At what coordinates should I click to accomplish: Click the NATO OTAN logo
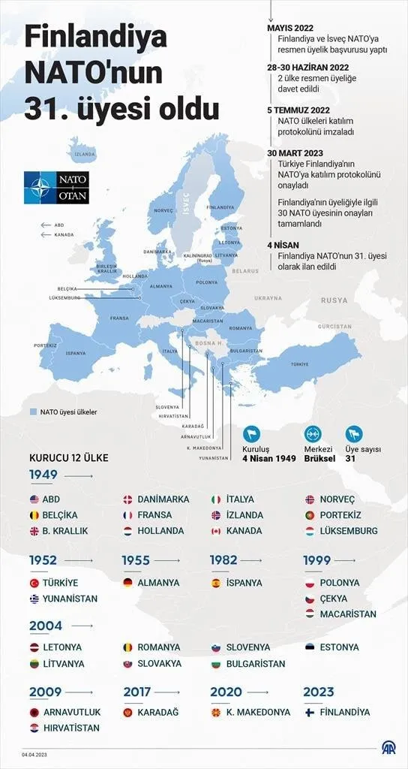tap(56, 188)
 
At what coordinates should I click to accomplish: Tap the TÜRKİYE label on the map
tap(299, 363)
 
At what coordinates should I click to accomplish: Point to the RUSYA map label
tap(334, 300)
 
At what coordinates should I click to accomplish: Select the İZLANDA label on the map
tap(85, 155)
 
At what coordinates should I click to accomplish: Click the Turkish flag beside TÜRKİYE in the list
tap(34, 583)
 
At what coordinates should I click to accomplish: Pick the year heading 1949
tap(43, 475)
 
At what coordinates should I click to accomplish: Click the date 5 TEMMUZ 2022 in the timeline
tap(298, 110)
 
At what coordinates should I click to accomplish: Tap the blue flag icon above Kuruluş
tap(251, 434)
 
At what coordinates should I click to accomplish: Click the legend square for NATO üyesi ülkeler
tap(33, 412)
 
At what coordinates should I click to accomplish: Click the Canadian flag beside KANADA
tap(216, 531)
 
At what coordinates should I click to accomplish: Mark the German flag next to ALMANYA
tap(127, 583)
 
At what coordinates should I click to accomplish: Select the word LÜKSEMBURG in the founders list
tap(348, 531)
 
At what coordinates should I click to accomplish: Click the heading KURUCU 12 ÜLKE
tap(68, 457)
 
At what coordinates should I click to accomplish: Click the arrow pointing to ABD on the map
tap(46, 225)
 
